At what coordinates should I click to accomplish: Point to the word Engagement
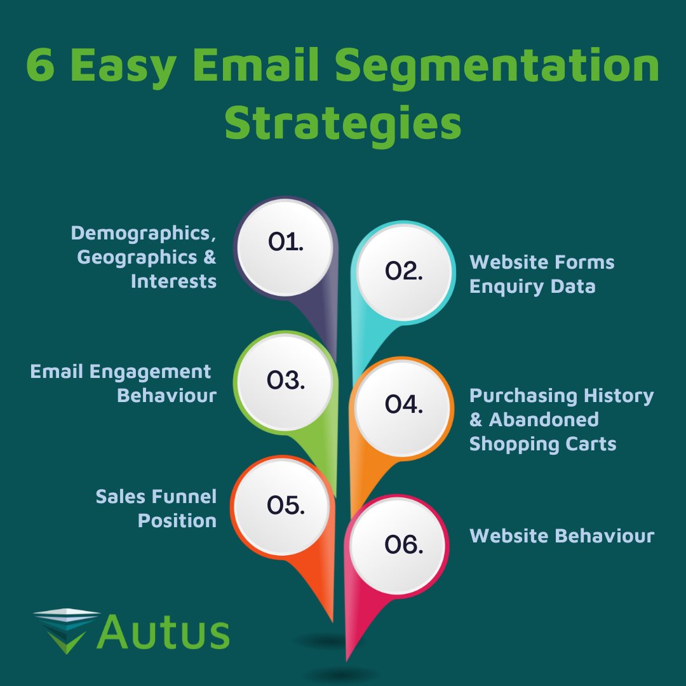147,371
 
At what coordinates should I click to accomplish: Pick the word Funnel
184,496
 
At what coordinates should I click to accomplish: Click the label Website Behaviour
562,535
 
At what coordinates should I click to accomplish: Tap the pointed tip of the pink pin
347,658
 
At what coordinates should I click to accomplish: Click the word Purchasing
515,396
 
